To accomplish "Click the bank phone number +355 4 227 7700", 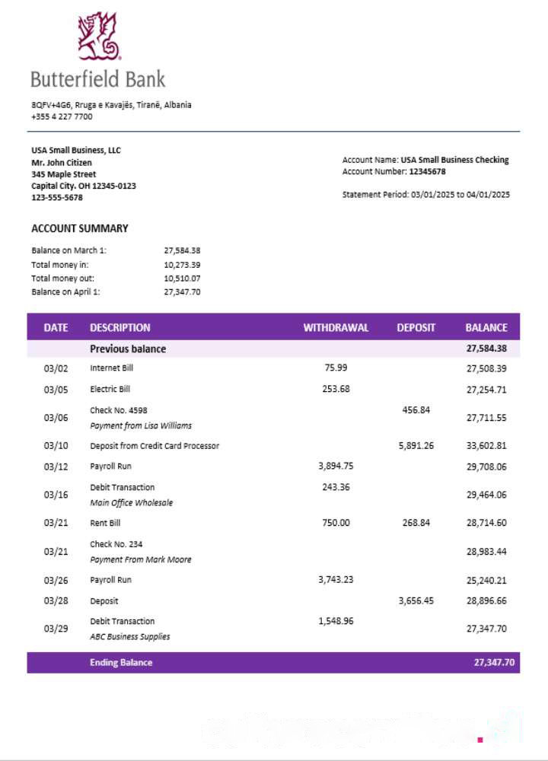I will click(62, 117).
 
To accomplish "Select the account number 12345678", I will click(427, 172).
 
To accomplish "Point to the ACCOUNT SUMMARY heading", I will click(80, 228).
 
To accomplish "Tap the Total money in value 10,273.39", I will click(182, 264).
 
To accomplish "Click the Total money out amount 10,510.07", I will click(182, 278).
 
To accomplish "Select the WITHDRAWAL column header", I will click(336, 328).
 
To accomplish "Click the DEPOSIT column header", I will click(416, 328).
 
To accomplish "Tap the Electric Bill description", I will click(110, 389).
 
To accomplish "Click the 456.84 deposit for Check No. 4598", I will click(416, 409).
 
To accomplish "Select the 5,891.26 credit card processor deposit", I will click(416, 446).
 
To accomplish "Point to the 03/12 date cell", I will click(56, 466).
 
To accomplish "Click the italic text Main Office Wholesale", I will click(131, 503).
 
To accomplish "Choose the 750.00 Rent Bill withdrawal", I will click(336, 523).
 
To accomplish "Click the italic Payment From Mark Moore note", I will click(140, 560).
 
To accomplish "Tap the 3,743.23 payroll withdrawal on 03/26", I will click(336, 580).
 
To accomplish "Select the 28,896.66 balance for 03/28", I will click(486, 601).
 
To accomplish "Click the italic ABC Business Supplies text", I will click(129, 637).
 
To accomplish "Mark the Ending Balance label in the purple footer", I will click(121, 663).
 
